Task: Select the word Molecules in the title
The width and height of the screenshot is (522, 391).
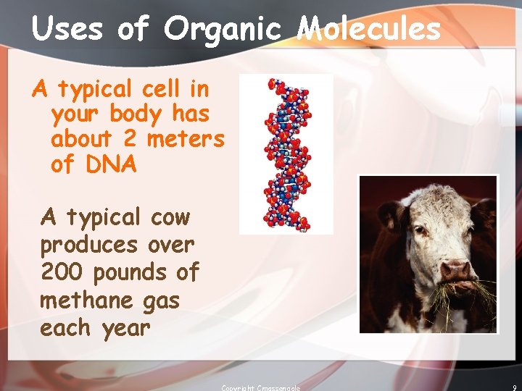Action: pyautogui.click(x=369, y=29)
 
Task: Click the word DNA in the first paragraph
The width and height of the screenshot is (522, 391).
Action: pyautogui.click(x=111, y=164)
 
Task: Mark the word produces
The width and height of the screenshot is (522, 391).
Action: pyautogui.click(x=88, y=245)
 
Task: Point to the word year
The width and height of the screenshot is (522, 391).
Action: pyautogui.click(x=125, y=328)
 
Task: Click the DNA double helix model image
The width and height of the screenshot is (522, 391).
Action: pyautogui.click(x=286, y=154)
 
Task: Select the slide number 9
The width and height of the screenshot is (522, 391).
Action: pyautogui.click(x=513, y=387)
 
